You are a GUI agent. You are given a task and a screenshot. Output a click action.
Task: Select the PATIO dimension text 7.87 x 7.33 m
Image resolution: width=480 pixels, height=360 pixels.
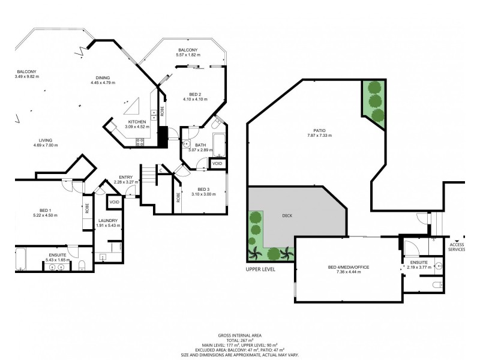click(318, 136)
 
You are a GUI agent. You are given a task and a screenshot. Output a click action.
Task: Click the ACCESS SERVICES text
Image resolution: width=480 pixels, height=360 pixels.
click(457, 247)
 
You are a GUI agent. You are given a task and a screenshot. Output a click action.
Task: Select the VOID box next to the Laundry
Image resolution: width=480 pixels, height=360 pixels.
click(114, 202)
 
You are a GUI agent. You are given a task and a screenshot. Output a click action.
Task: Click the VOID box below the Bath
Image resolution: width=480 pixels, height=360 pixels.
click(217, 163)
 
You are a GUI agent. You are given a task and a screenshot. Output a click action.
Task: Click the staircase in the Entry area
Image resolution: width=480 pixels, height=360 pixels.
click(148, 177)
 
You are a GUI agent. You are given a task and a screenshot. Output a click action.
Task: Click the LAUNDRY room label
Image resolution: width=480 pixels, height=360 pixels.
click(109, 220)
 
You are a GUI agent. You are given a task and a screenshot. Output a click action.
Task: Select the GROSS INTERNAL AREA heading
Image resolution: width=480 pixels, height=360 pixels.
click(240, 335)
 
